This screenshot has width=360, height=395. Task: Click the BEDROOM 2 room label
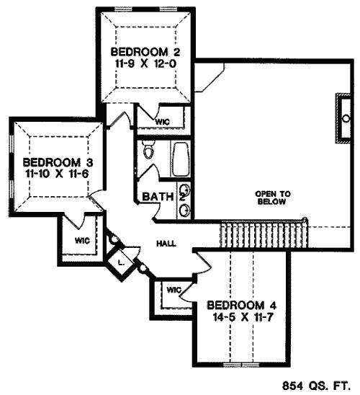(x=145, y=52)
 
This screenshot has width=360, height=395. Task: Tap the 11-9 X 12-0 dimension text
(x=145, y=63)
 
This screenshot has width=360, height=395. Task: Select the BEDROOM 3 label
(x=58, y=162)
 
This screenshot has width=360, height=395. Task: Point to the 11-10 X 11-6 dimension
(x=57, y=174)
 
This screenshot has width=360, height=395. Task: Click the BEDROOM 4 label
(x=241, y=306)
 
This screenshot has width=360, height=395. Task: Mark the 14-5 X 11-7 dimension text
(x=243, y=317)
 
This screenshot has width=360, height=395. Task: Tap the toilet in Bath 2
(x=148, y=150)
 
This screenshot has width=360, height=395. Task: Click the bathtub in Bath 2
(x=180, y=160)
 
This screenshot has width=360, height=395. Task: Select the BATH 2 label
(x=163, y=197)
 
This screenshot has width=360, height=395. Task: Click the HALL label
(x=166, y=244)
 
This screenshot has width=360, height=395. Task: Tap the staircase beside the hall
(x=264, y=234)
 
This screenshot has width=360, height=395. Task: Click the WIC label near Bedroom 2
(x=163, y=122)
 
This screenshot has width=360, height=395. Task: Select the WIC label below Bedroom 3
(x=82, y=241)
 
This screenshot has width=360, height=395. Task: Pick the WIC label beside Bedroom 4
(x=174, y=290)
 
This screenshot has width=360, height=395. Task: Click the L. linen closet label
(x=121, y=264)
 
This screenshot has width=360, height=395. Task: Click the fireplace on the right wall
(x=343, y=118)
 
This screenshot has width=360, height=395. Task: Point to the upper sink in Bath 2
(x=185, y=190)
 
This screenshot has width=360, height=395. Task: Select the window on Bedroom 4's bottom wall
(x=241, y=364)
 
